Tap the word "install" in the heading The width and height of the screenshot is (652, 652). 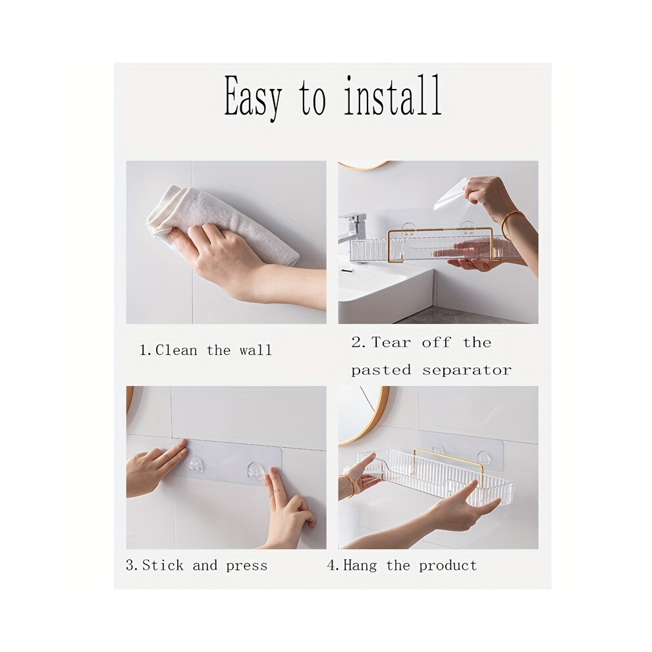tap(393, 95)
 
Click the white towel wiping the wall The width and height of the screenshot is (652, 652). tap(221, 224)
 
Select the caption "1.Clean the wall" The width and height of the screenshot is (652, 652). tap(205, 350)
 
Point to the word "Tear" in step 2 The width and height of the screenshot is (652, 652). tap(391, 342)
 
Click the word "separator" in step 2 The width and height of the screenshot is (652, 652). tap(467, 370)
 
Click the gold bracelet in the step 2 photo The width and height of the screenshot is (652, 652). tap(512, 225)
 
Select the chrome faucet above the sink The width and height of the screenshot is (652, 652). tap(352, 228)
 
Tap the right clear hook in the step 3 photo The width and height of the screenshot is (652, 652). tap(256, 470)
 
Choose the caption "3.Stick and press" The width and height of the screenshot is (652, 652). tap(196, 566)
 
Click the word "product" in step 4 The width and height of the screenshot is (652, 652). tap(448, 566)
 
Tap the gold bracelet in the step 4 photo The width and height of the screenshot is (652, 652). tap(350, 485)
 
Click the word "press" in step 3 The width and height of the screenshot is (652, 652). tap(246, 566)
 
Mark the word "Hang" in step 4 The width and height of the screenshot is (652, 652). tap(360, 566)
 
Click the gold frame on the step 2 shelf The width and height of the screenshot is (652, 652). tap(441, 229)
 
